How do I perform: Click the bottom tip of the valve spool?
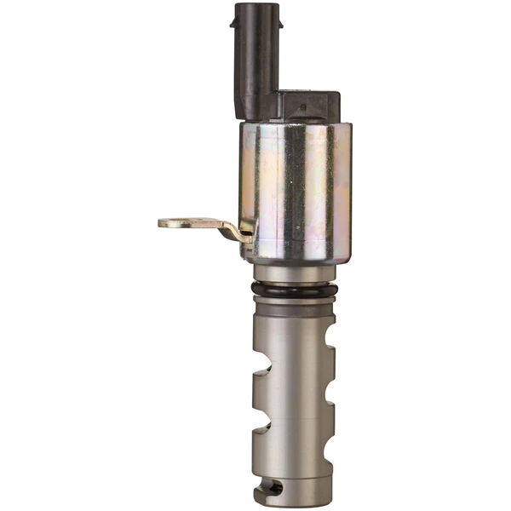[x=295, y=502]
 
